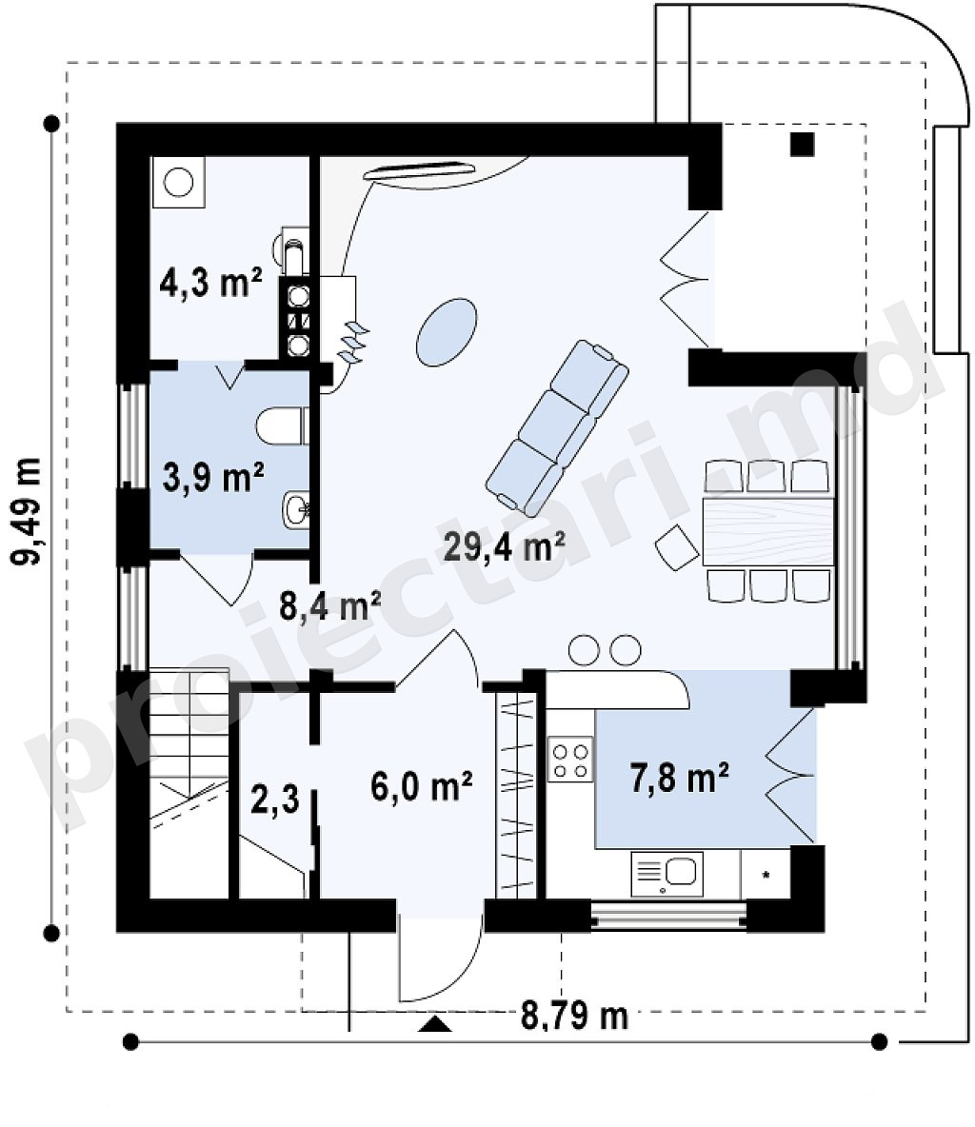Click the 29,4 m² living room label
click(x=504, y=546)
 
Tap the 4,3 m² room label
click(x=210, y=281)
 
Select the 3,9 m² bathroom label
click(x=213, y=477)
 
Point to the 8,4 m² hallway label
click(x=329, y=606)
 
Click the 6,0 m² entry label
click(x=422, y=785)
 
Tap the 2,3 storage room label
click(x=275, y=799)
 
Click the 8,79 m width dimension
click(x=574, y=1016)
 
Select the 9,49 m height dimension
click(x=28, y=511)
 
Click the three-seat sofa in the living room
click(x=557, y=428)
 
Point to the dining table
click(x=768, y=531)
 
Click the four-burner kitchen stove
click(x=570, y=759)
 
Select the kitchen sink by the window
click(x=667, y=874)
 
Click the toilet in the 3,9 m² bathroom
click(x=282, y=427)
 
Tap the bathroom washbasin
click(x=295, y=509)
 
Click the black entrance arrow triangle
click(x=436, y=1024)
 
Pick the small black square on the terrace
click(x=803, y=145)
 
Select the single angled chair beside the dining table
click(x=677, y=547)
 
